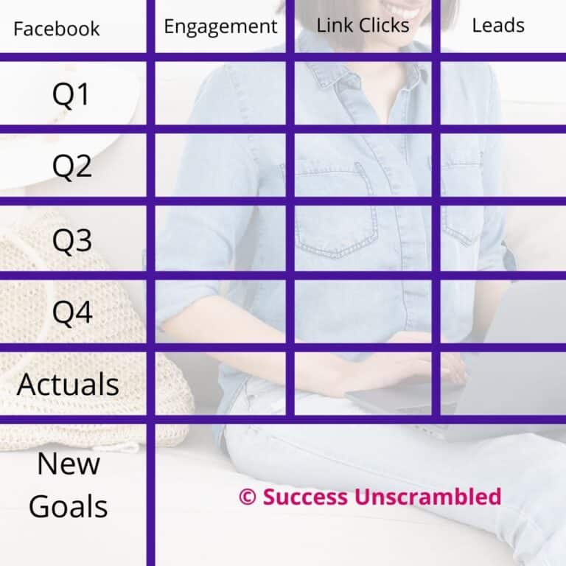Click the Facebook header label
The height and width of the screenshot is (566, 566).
57,29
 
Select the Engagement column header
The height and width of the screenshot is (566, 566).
220,27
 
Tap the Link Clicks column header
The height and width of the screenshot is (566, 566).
363,25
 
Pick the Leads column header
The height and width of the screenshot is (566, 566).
498,25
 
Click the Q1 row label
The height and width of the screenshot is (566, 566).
71,95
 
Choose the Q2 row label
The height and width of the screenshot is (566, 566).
71,167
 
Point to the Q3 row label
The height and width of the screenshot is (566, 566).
71,240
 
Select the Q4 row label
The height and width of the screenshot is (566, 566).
71,312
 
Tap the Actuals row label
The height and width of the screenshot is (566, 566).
68,384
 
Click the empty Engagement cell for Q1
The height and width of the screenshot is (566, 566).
220,94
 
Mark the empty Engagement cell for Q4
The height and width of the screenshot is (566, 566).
220,311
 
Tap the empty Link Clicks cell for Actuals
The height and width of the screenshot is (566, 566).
363,383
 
